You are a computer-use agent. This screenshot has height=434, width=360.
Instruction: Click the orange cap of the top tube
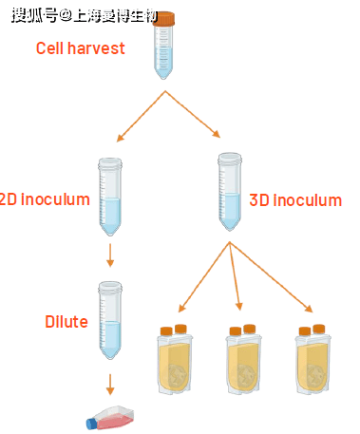click(x=163, y=18)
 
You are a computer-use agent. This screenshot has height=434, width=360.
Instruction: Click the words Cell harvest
click(x=81, y=48)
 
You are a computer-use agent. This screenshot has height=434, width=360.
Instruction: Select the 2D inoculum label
click(x=45, y=199)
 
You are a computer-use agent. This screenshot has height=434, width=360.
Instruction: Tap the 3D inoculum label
click(x=295, y=200)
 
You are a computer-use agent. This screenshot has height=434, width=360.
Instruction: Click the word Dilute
click(x=66, y=322)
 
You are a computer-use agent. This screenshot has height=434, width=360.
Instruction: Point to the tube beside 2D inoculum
click(x=110, y=197)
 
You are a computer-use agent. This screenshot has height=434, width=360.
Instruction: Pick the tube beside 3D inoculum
click(x=230, y=192)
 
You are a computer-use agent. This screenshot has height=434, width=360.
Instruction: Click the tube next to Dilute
click(x=110, y=320)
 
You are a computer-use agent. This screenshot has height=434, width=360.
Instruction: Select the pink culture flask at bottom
click(x=110, y=418)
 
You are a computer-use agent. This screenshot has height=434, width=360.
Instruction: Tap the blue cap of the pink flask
click(x=91, y=425)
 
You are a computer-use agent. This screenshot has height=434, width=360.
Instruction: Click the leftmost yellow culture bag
click(x=175, y=360)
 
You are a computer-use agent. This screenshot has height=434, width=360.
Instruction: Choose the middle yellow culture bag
click(x=243, y=360)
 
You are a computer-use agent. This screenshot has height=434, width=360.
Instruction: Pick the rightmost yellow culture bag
click(x=313, y=360)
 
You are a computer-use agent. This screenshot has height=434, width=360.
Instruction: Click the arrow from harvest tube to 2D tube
click(x=141, y=116)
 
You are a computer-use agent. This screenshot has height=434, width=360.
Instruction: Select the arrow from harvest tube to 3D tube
click(x=193, y=114)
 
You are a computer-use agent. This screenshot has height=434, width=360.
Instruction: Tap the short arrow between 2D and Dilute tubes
click(x=110, y=255)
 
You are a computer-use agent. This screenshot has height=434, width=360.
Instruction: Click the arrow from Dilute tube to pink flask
click(x=110, y=385)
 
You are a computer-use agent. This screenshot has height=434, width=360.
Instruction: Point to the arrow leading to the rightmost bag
click(x=272, y=277)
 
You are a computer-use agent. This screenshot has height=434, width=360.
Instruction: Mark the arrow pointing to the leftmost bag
click(x=204, y=277)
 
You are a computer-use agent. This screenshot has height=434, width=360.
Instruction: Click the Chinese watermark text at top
click(x=85, y=15)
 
